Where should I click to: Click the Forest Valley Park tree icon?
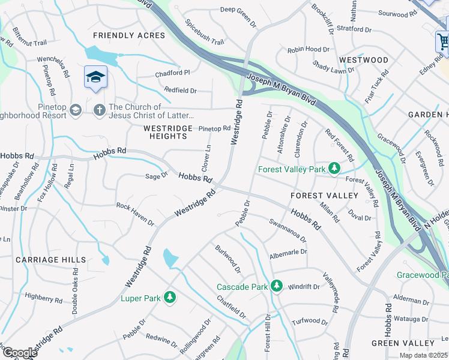(x=335, y=169)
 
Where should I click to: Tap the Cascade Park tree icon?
(x=276, y=286)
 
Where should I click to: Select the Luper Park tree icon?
(x=170, y=297)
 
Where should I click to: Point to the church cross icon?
(x=99, y=110)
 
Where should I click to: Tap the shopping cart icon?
(x=442, y=41)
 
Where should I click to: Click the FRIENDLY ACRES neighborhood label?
(x=128, y=35)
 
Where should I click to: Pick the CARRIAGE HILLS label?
(x=51, y=260)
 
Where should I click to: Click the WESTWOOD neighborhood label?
(x=364, y=60)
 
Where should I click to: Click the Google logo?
(x=19, y=353)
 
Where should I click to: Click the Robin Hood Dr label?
(x=309, y=50)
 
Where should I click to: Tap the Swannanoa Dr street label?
(x=288, y=230)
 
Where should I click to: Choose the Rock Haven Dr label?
(x=135, y=214)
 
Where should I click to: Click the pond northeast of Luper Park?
(x=170, y=259)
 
